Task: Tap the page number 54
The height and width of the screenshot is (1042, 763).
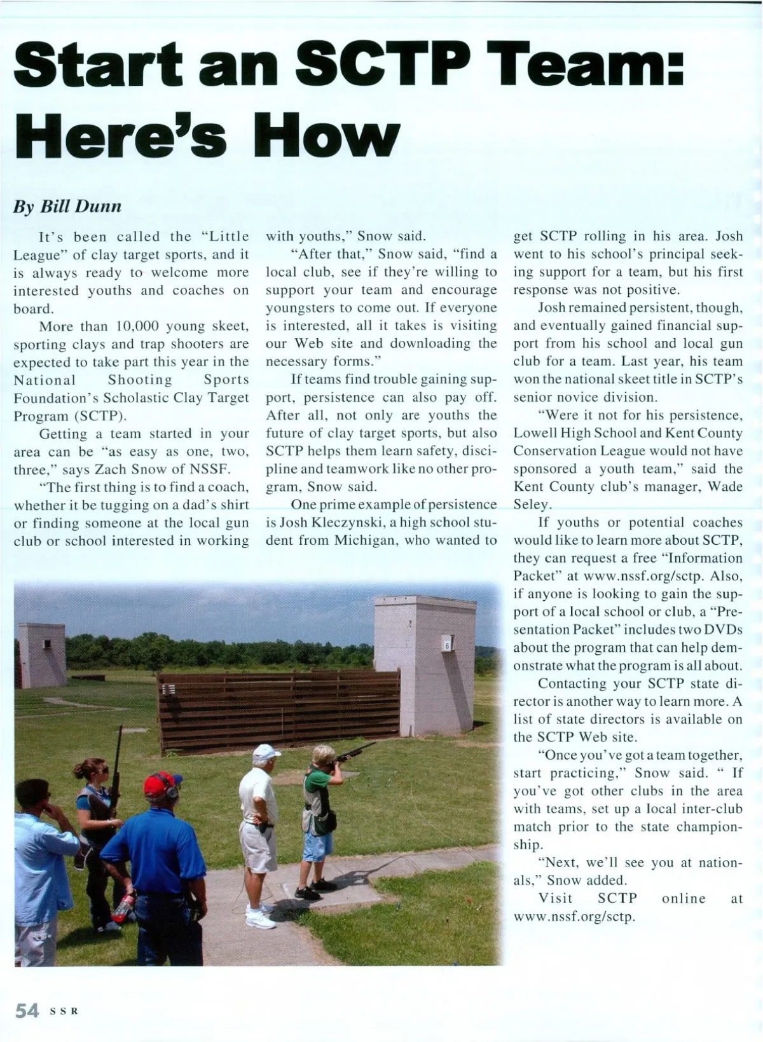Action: click(27, 1011)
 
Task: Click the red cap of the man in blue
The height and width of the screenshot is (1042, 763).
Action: click(161, 783)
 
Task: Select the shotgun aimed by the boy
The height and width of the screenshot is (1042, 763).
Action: click(354, 752)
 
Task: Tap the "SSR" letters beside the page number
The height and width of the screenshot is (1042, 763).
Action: click(64, 1011)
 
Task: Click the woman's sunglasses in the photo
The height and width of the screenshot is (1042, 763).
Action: click(100, 771)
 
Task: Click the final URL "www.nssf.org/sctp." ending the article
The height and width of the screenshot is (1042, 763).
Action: click(574, 916)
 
